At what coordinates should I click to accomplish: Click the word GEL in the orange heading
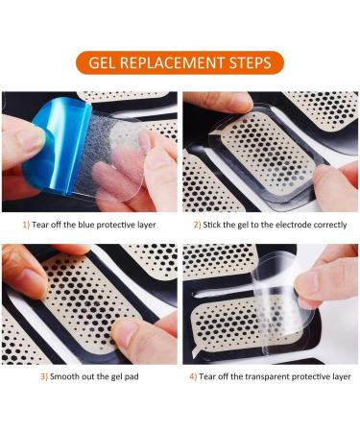click(105, 63)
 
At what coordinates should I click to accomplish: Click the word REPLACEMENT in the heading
click(177, 63)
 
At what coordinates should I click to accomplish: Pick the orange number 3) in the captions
click(43, 375)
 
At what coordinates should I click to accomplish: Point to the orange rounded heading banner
click(180, 63)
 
